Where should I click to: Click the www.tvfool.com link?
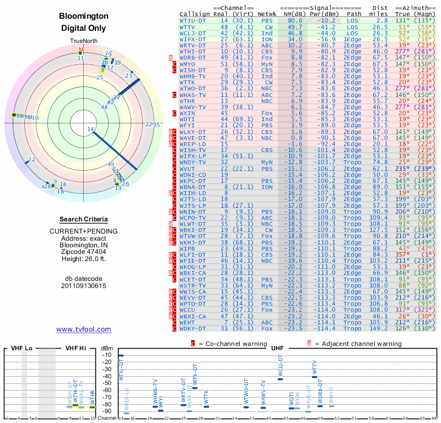coord(84,329)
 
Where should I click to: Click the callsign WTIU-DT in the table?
coord(194,20)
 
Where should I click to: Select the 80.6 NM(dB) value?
coord(294,20)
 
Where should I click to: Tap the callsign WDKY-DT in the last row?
coord(194,329)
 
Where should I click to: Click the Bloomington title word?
coord(84,17)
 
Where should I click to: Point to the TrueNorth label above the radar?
coord(83,41)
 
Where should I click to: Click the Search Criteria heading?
coord(84,219)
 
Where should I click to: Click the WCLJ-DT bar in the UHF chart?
coord(281,379)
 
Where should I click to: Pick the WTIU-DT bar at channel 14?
coord(121,356)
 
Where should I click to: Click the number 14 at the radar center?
coord(90,129)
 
